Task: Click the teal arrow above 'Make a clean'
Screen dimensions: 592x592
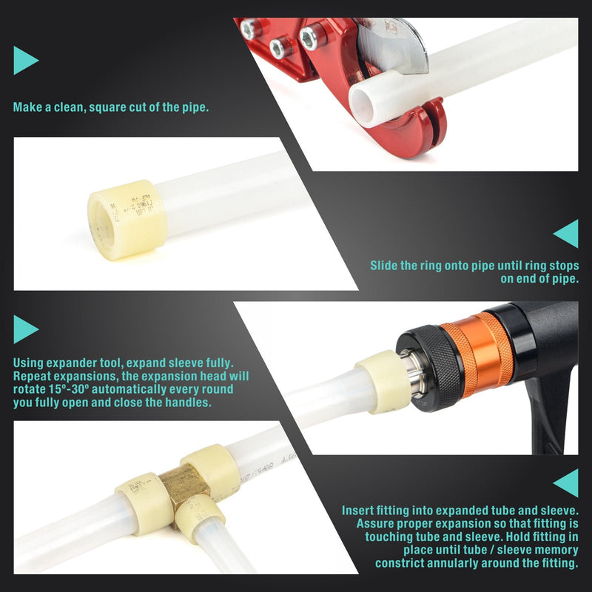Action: click(24, 60)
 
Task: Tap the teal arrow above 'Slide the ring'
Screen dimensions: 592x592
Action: click(566, 233)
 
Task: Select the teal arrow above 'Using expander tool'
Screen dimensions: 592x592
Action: click(24, 329)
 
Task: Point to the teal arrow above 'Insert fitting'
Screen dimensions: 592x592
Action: click(566, 482)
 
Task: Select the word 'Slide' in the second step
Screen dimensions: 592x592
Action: click(386, 265)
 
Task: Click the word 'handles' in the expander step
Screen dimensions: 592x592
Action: click(188, 403)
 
